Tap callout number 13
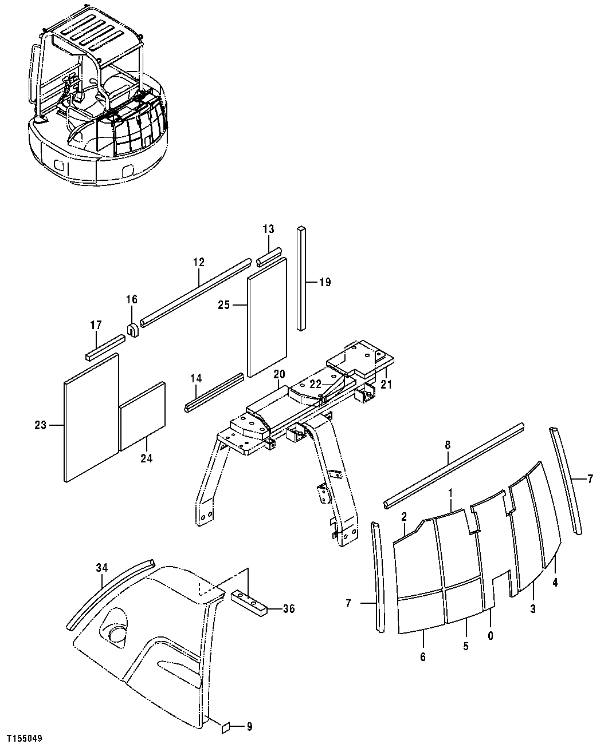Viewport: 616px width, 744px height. [x=269, y=229]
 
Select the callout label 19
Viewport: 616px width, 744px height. [x=325, y=282]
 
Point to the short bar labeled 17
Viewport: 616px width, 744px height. [x=105, y=348]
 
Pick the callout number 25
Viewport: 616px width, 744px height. [x=223, y=306]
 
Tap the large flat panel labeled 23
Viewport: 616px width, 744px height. [x=91, y=418]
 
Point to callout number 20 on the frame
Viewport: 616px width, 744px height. [x=279, y=374]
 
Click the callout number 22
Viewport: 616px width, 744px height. [x=316, y=385]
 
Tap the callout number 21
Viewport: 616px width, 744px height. [x=386, y=385]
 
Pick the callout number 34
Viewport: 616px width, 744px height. [x=102, y=568]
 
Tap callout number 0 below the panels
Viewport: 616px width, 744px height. [x=491, y=635]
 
